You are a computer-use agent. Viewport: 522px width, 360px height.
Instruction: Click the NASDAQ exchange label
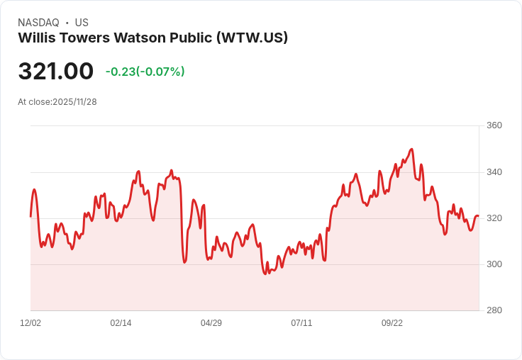coord(38,23)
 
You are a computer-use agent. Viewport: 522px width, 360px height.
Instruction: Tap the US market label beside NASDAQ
coord(82,23)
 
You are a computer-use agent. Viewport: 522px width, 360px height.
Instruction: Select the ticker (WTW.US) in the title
coord(252,38)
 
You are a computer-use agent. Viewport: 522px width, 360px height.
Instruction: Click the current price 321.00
coord(55,71)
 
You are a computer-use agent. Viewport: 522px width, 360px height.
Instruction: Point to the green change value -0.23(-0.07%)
coord(145,72)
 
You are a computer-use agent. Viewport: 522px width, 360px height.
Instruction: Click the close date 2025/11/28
coord(74,102)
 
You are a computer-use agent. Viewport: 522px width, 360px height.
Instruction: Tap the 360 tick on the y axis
coord(494,125)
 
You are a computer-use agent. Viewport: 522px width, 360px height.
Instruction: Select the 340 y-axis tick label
coord(494,172)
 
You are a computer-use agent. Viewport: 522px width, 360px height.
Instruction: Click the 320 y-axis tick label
coord(494,218)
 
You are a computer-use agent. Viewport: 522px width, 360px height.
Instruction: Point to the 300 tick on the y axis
coord(494,264)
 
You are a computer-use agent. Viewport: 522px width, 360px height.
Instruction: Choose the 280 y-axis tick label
coord(494,310)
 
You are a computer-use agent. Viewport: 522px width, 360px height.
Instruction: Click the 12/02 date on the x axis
coord(30,323)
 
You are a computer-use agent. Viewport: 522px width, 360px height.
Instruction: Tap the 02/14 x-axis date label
coord(121,323)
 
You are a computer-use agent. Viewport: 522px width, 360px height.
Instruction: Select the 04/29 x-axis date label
coord(211,323)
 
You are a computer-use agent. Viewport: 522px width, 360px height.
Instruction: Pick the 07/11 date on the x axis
coord(301,323)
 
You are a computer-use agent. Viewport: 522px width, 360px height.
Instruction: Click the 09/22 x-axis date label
coord(392,323)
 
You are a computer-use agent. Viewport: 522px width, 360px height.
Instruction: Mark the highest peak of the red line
coord(411,149)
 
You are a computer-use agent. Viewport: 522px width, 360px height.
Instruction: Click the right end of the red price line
coord(478,215)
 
